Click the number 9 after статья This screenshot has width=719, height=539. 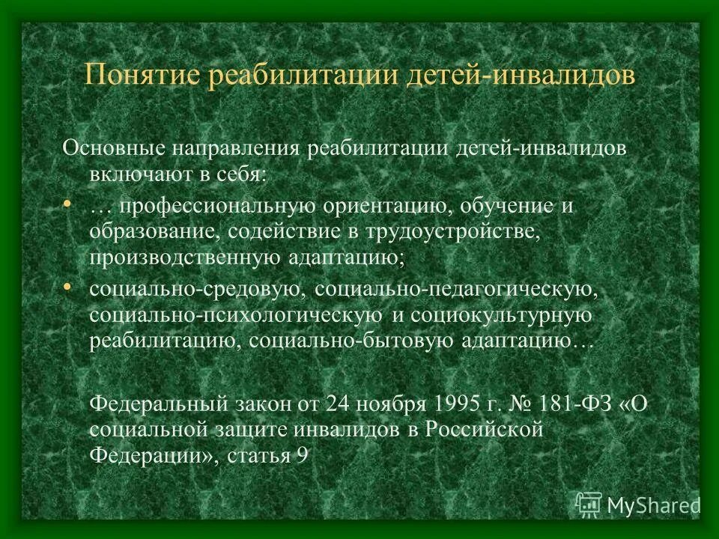301,456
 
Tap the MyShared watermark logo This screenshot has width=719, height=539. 637,504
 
